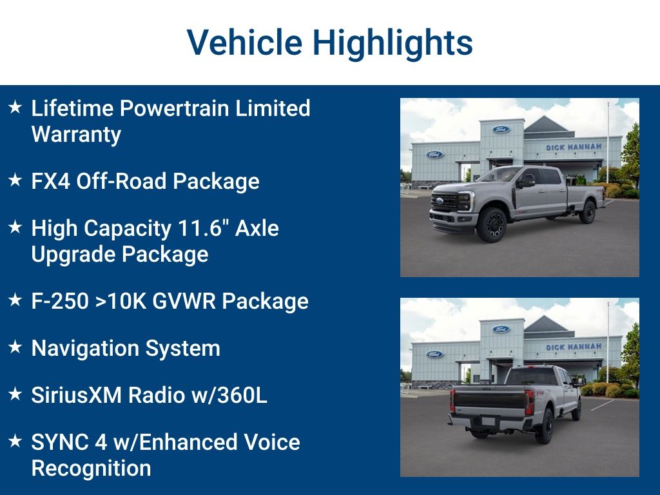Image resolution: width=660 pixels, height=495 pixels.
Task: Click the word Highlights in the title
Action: click(393, 43)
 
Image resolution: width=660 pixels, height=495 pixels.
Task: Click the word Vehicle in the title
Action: click(244, 43)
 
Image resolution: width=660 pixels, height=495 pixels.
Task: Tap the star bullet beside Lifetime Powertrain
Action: click(15, 107)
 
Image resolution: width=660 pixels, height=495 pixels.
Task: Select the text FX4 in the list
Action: click(51, 181)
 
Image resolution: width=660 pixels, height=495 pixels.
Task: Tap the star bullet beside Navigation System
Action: click(15, 347)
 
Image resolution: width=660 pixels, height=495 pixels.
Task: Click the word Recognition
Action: click(91, 468)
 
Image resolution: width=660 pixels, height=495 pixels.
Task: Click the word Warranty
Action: click(76, 134)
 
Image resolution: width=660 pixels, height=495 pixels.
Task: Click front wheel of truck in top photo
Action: click(492, 224)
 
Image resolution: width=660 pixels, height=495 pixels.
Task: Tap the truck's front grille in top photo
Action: click(445, 204)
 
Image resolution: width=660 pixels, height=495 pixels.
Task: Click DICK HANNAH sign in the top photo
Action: click(574, 147)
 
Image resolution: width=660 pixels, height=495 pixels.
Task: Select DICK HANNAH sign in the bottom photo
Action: click(574, 347)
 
